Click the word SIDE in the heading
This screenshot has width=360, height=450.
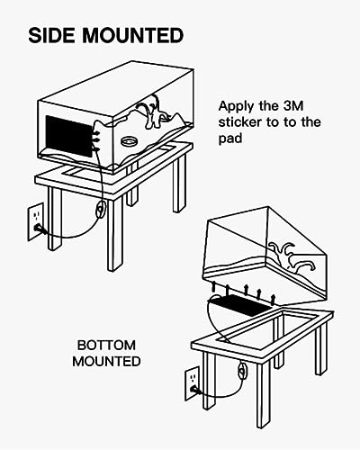[x=51, y=35]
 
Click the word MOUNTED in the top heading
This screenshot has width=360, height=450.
[x=132, y=35]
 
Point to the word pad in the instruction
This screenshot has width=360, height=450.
[x=230, y=139]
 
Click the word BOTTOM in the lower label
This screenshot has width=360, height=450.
[x=106, y=346]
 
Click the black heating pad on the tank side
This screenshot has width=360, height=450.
[x=68, y=136]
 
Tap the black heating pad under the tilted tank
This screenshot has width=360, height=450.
[x=240, y=304]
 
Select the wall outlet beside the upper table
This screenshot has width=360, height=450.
[x=36, y=221]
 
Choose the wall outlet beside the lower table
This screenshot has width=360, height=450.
[x=192, y=383]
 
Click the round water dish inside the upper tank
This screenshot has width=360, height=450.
[x=129, y=140]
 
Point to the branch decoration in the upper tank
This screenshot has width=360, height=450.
[x=150, y=112]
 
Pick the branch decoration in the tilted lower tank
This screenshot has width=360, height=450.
[x=292, y=256]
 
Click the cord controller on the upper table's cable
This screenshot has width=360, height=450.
[x=101, y=209]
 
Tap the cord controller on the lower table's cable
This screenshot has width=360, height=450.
[x=242, y=370]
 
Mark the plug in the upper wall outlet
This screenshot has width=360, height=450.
[x=40, y=229]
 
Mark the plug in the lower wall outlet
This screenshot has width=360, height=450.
[x=195, y=390]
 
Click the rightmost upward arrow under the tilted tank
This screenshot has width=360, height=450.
[x=273, y=300]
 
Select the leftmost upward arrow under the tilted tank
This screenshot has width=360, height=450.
[x=214, y=287]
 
